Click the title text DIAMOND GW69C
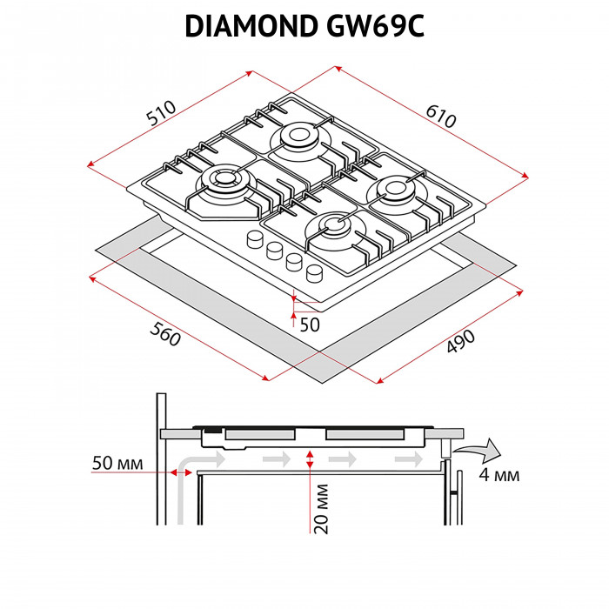coord(304,27)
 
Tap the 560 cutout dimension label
coord(164,333)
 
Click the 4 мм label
coord(499,475)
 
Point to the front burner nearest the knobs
coord(336,229)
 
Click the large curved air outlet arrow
coord(481,451)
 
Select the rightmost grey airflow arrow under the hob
coord(404,458)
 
